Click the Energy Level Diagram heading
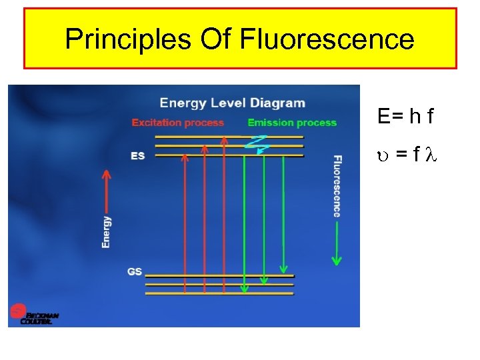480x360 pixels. coord(232,103)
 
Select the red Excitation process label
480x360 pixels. coord(178,123)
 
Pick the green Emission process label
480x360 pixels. coord(292,123)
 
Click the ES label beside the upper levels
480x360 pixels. coord(138,156)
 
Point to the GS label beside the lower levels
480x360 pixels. coord(134,271)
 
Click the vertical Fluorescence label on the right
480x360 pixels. coord(337,186)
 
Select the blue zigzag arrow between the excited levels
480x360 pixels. coord(257,143)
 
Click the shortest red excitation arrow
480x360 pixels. coord(185,220)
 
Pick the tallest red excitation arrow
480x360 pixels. coord(225,213)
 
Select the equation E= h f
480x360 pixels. coord(405,117)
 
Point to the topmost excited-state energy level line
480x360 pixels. coord(229,137)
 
